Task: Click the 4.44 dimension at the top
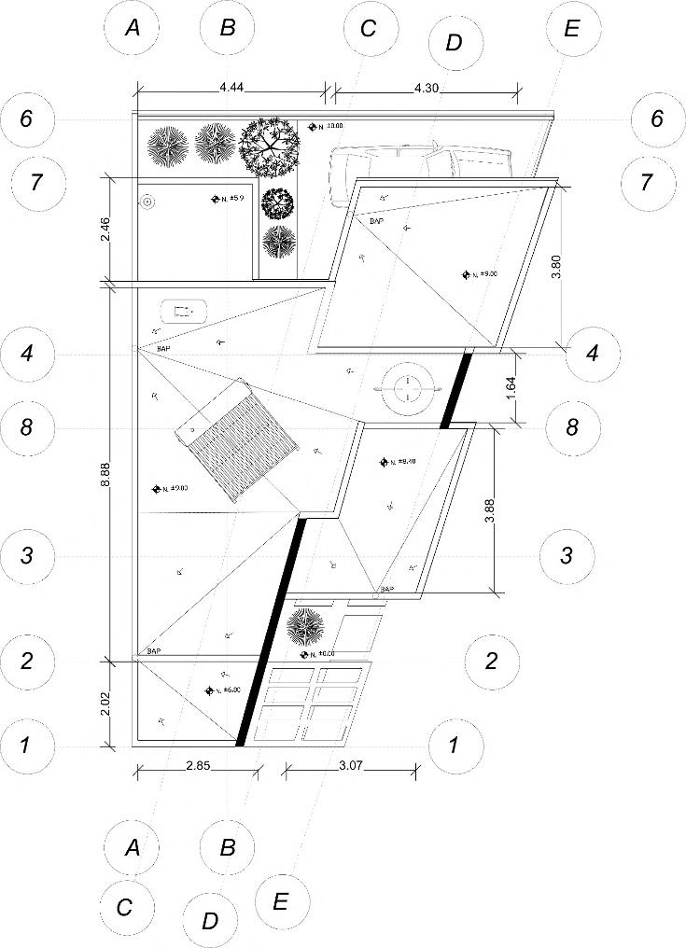point(231,87)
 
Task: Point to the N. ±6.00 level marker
point(222,690)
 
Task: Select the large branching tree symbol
point(269,145)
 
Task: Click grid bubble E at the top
point(572,27)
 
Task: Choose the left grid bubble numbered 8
point(27,428)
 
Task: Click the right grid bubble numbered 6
point(657,118)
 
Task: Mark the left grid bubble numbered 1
point(26,746)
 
